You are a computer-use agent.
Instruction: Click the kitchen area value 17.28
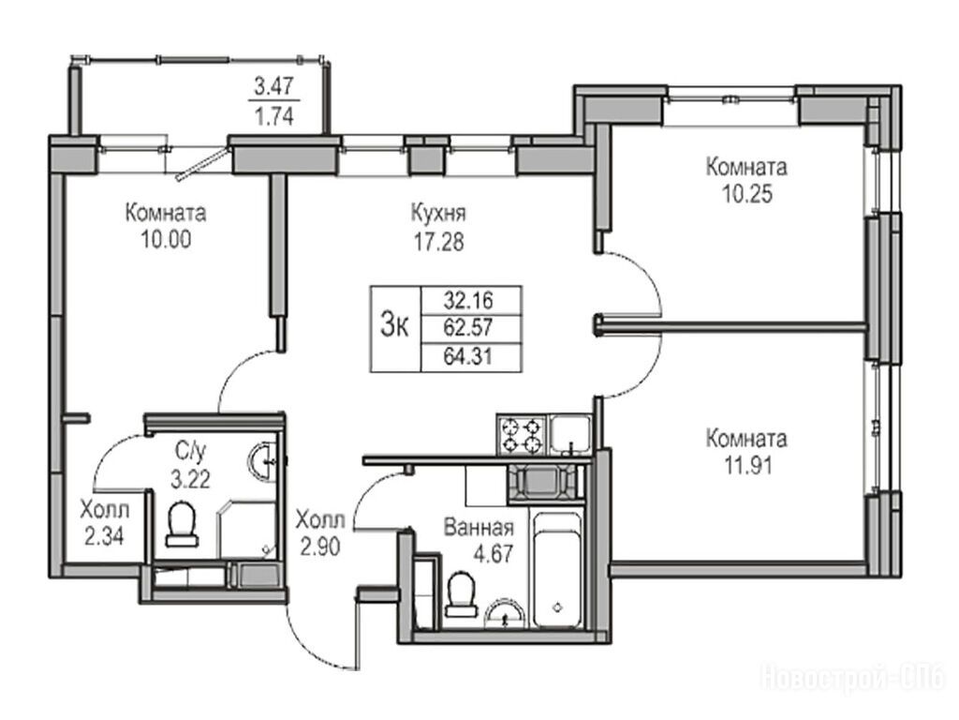coord(439,243)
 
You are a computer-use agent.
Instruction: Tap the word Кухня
coord(438,214)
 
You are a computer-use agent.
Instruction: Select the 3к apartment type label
coord(395,325)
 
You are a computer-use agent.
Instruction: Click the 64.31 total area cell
coord(468,355)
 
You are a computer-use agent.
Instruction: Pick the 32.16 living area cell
coord(468,301)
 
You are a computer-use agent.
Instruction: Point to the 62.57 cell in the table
coord(468,328)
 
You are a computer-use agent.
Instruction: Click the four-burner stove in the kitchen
coord(521,435)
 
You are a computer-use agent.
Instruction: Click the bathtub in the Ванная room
coord(556,570)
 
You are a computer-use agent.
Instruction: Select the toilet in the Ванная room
coord(459,593)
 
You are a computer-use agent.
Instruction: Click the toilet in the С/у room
coord(181,524)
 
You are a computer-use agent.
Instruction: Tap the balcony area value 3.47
coord(274,87)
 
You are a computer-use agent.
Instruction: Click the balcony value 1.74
coord(274,115)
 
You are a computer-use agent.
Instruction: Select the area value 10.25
coord(747,194)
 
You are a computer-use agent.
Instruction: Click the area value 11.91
coord(747,466)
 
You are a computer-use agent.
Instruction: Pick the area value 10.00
coord(166,239)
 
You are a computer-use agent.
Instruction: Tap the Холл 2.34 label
coord(105,522)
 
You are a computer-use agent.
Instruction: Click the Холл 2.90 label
coord(320,532)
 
